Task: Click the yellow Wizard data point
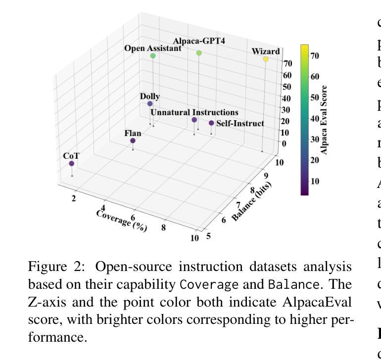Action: [x=266, y=59]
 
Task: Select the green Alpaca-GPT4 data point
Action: [x=199, y=53]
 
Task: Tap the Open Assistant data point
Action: [x=153, y=56]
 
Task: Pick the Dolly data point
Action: [x=150, y=104]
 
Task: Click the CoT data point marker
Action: [x=72, y=163]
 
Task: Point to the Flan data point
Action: [x=133, y=141]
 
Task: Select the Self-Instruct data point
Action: [x=211, y=123]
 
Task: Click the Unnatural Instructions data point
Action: [x=194, y=120]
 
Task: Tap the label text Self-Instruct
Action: [x=240, y=123]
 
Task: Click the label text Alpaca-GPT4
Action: [x=199, y=41]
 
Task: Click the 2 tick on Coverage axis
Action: [x=74, y=199]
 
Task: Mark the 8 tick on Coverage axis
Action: [x=163, y=228]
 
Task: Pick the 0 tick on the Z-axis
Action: [x=284, y=143]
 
